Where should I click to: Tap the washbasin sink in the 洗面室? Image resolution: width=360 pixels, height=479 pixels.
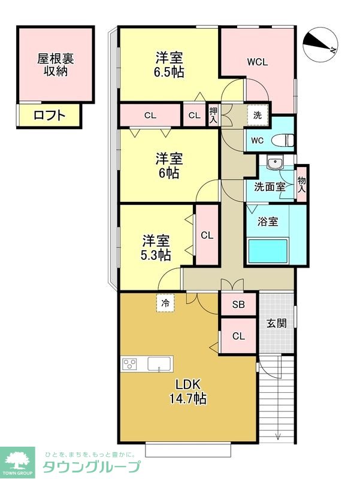click(275, 163)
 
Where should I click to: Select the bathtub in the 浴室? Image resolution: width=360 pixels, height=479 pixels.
click(268, 251)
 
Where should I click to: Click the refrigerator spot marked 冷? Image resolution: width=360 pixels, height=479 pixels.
click(165, 303)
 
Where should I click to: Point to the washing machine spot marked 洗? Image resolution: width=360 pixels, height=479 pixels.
click(258, 115)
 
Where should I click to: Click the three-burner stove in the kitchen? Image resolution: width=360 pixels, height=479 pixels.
click(129, 364)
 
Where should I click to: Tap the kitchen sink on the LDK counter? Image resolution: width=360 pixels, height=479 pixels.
click(159, 364)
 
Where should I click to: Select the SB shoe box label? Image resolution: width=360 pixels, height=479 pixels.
click(238, 304)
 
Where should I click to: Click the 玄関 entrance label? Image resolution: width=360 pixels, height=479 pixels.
click(277, 323)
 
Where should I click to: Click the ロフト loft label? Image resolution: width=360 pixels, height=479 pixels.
click(50, 116)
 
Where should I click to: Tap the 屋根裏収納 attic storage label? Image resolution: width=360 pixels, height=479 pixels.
click(55, 65)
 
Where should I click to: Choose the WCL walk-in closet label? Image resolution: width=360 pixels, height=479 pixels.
click(258, 62)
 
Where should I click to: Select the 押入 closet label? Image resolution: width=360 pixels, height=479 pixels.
click(213, 115)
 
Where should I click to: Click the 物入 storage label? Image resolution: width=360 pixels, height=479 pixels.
click(301, 184)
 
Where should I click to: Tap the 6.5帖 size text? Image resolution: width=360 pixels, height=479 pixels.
click(170, 72)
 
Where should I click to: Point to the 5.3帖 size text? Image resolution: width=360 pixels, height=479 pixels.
click(156, 255)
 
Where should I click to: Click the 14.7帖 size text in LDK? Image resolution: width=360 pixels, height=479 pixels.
click(187, 398)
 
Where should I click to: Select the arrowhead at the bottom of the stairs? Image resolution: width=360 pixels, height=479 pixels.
click(278, 436)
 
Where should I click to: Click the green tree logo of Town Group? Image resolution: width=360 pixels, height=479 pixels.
click(17, 460)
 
